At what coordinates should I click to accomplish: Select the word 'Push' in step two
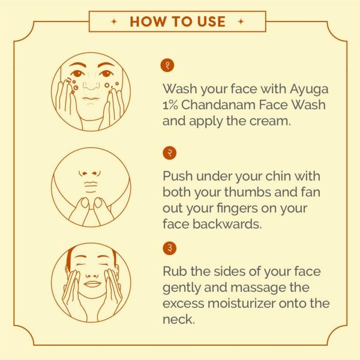(178, 178)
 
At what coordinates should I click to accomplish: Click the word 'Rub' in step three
(176, 272)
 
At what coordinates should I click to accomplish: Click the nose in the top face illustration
(91, 83)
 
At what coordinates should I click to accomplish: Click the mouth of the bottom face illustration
(91, 284)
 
